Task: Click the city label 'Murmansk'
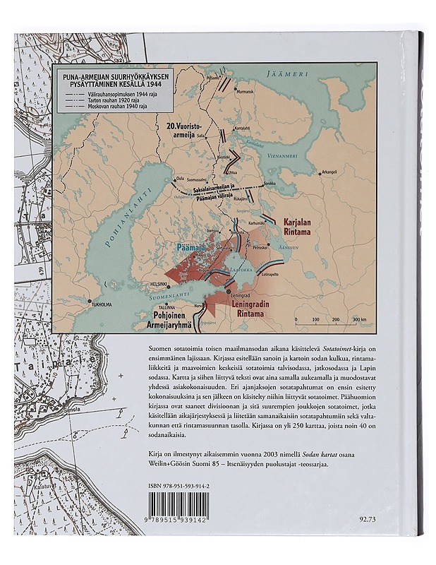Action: [x=246, y=93]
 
